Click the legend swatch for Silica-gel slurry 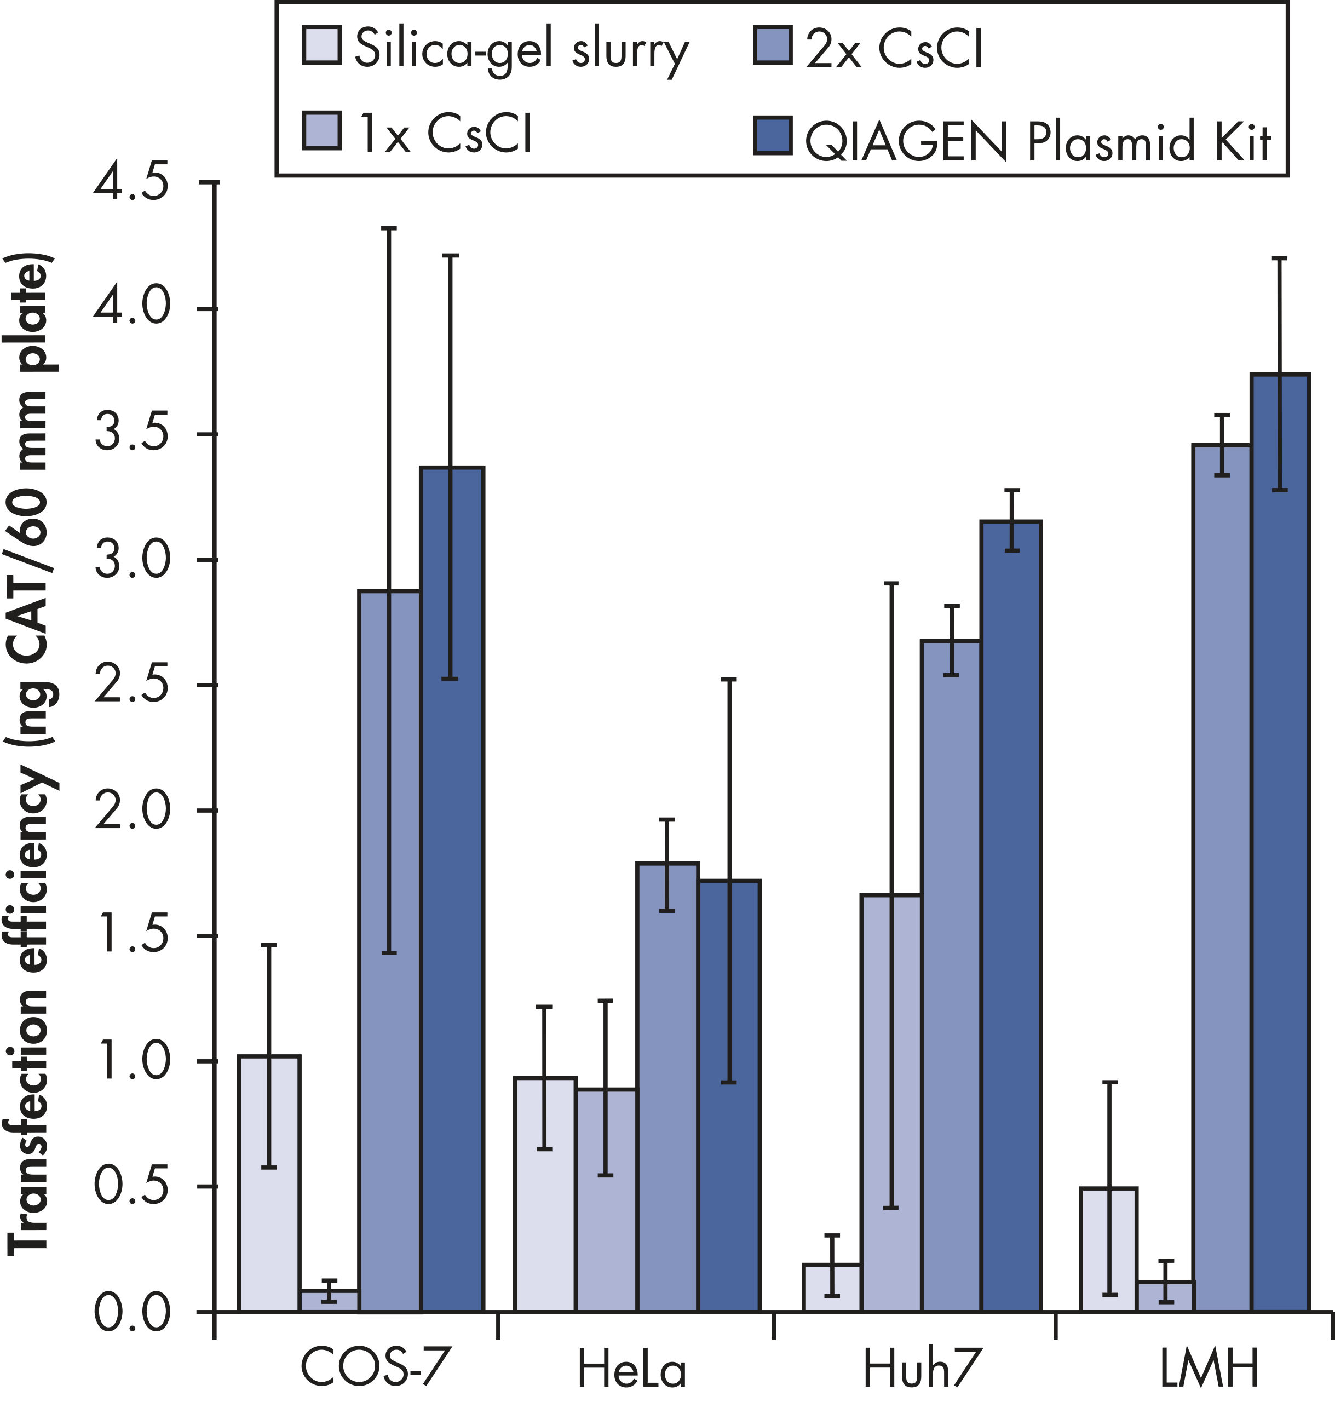click(x=321, y=45)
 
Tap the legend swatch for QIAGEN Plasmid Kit click(x=773, y=135)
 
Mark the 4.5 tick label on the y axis click(x=131, y=183)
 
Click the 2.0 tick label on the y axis click(x=131, y=811)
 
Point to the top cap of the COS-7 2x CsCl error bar click(x=389, y=228)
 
